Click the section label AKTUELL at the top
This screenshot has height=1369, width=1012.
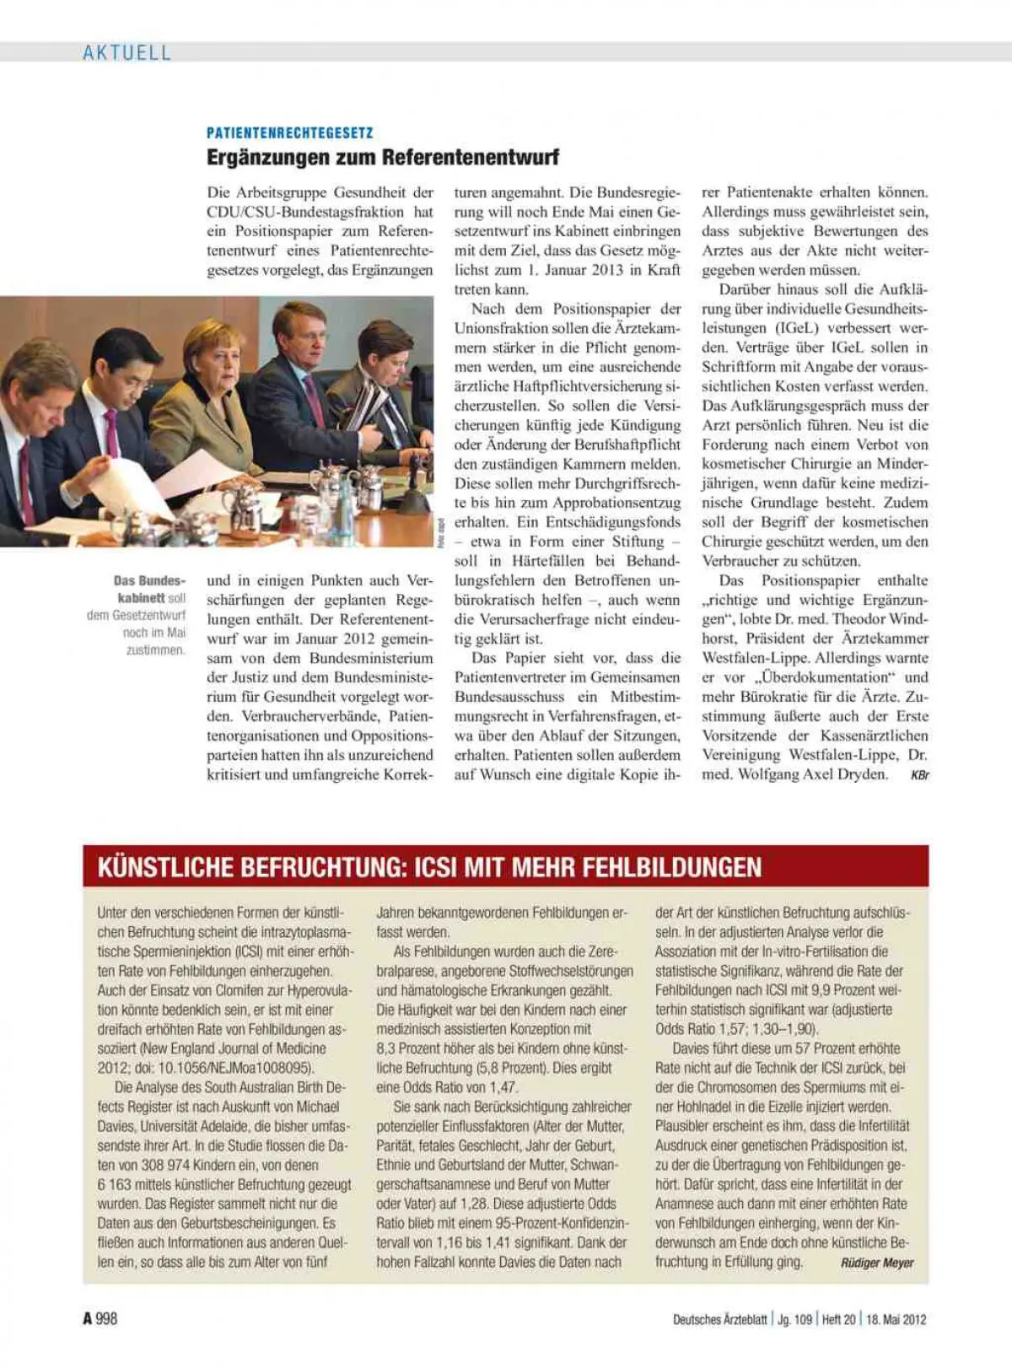coord(126,52)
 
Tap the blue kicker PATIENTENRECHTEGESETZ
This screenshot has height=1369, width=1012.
coord(289,132)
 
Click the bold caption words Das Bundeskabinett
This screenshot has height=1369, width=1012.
coord(149,589)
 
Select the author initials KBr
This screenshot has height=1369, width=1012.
coord(919,775)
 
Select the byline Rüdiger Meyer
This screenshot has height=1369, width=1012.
coord(877,1263)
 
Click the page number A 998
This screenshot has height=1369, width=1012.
coord(100,1318)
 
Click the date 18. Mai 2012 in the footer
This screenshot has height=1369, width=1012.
coord(896,1319)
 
